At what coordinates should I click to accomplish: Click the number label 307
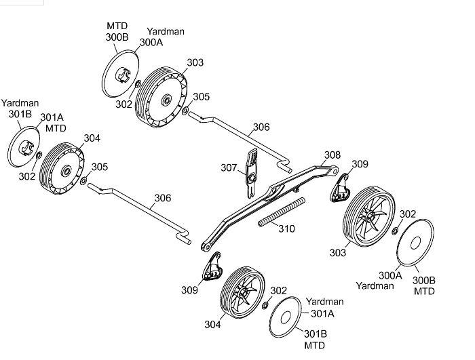tap(229, 167)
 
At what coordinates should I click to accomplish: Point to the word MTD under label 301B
tap(314, 345)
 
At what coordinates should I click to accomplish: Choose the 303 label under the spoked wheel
tap(337, 253)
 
